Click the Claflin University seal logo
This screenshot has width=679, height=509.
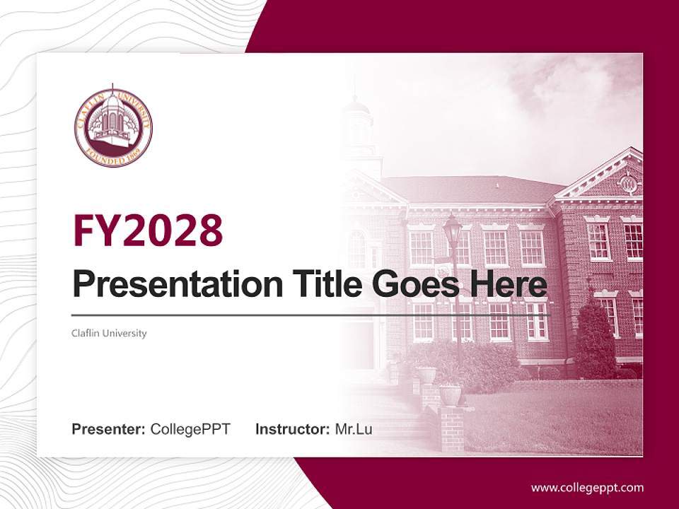[113, 128]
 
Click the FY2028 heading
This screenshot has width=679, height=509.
[148, 230]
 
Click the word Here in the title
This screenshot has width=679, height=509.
[512, 285]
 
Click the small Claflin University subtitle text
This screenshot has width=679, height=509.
[109, 333]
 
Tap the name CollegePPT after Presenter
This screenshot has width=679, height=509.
[190, 428]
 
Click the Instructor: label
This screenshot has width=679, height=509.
[292, 428]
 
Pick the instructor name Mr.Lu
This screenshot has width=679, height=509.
[354, 428]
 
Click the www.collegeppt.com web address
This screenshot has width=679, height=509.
[587, 487]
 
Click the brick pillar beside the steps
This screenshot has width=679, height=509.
[451, 427]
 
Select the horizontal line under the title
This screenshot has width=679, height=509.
[311, 315]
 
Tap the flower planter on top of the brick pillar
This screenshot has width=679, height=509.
[450, 393]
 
